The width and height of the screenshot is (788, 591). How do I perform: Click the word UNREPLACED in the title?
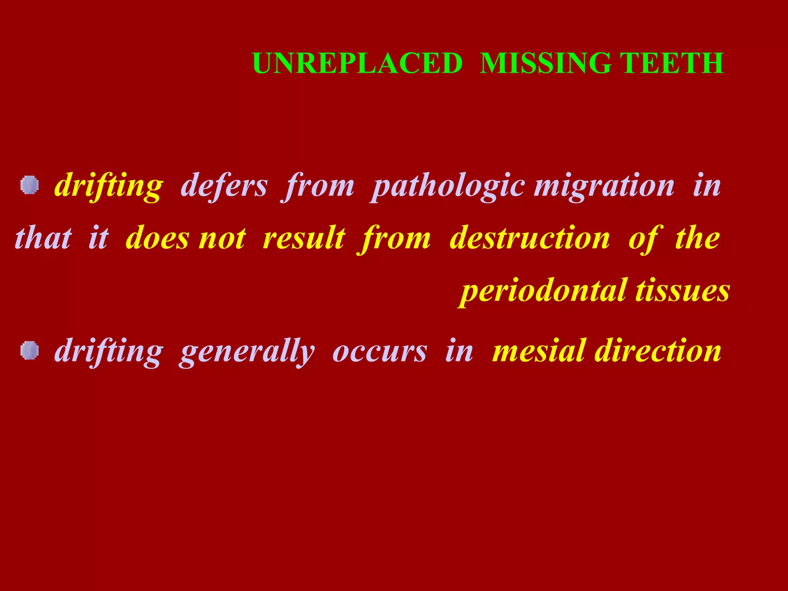tap(357, 63)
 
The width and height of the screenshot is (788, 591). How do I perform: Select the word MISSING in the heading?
tap(546, 63)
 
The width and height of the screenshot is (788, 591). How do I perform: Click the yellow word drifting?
tap(109, 187)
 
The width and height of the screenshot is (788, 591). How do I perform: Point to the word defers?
tap(224, 186)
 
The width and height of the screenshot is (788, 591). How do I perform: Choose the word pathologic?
tap(449, 187)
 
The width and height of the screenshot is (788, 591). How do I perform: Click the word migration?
tap(604, 187)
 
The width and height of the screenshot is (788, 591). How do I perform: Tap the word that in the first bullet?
tap(43, 238)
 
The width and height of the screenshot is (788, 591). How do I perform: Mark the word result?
tap(304, 238)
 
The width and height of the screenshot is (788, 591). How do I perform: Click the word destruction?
tap(530, 238)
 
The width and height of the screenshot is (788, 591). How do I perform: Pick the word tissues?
tap(683, 291)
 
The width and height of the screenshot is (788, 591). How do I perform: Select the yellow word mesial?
tap(539, 351)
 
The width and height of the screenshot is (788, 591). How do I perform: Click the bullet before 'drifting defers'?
tap(30, 185)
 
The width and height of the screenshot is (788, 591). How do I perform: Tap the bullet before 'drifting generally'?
tap(30, 351)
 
